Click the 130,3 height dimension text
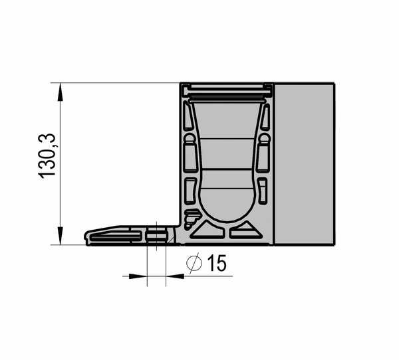(x=47, y=156)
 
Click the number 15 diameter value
(x=217, y=263)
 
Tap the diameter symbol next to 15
(x=194, y=264)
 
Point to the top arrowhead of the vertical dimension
(x=60, y=92)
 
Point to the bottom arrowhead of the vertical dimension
(x=60, y=236)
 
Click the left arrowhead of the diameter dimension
(x=138, y=276)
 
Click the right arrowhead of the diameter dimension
(x=175, y=276)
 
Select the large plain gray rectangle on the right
(x=305, y=164)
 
